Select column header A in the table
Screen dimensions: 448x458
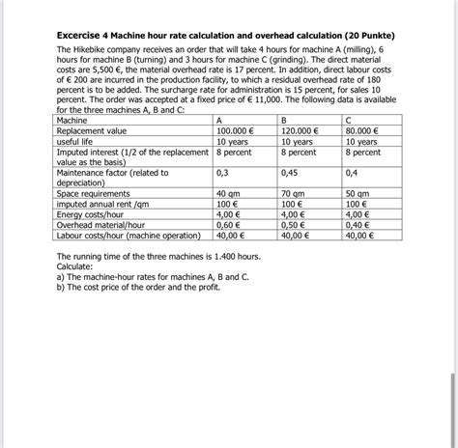coord(219,121)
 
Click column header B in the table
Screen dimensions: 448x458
coord(284,121)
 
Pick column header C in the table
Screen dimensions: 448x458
coord(348,121)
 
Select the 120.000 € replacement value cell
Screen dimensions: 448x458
coord(301,130)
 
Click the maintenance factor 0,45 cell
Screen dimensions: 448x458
coord(289,174)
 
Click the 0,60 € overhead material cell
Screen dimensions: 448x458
coord(229,225)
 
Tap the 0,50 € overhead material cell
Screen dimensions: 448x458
coord(294,225)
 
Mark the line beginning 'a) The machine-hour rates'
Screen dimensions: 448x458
coord(153,276)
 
